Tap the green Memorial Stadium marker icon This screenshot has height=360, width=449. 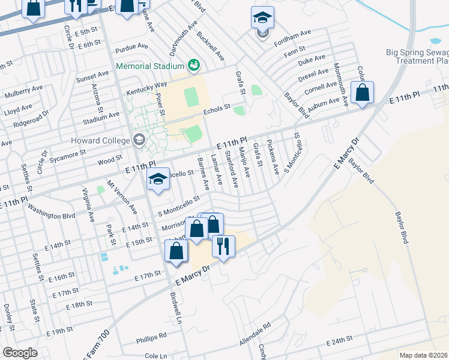click(x=193, y=64)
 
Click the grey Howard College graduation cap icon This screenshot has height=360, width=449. click(x=139, y=140)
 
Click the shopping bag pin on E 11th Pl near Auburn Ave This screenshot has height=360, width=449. click(x=362, y=93)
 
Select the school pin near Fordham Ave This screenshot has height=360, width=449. click(x=262, y=18)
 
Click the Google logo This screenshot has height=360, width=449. click(x=20, y=352)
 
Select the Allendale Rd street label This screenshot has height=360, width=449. click(x=255, y=329)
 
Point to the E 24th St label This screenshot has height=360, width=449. click(x=339, y=341)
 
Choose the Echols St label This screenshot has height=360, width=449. click(x=217, y=109)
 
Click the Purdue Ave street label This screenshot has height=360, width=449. click(x=133, y=46)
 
